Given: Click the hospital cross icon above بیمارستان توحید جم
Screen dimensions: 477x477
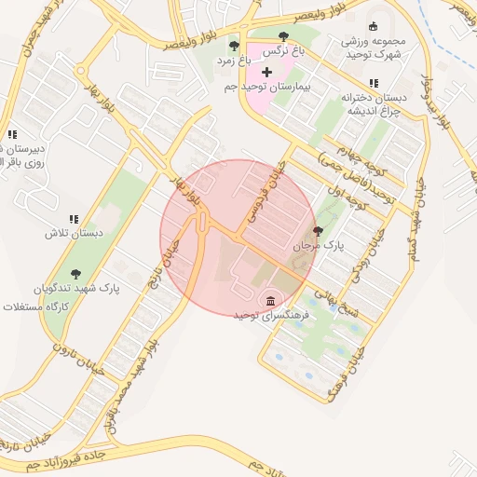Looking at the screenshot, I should [x=266, y=72].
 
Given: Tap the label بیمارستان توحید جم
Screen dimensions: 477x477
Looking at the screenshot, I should [x=266, y=86].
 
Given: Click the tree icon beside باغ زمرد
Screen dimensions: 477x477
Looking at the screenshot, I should [x=234, y=46].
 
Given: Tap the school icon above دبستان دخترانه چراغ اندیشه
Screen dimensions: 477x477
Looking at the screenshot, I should [x=374, y=84].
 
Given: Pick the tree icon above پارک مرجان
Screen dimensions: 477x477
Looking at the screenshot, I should [x=319, y=232].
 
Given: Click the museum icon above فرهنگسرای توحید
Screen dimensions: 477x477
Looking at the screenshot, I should [x=270, y=301].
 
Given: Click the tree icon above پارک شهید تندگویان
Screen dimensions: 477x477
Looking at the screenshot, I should [x=75, y=274].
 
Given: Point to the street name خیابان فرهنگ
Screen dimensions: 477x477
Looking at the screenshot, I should [x=344, y=373].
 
